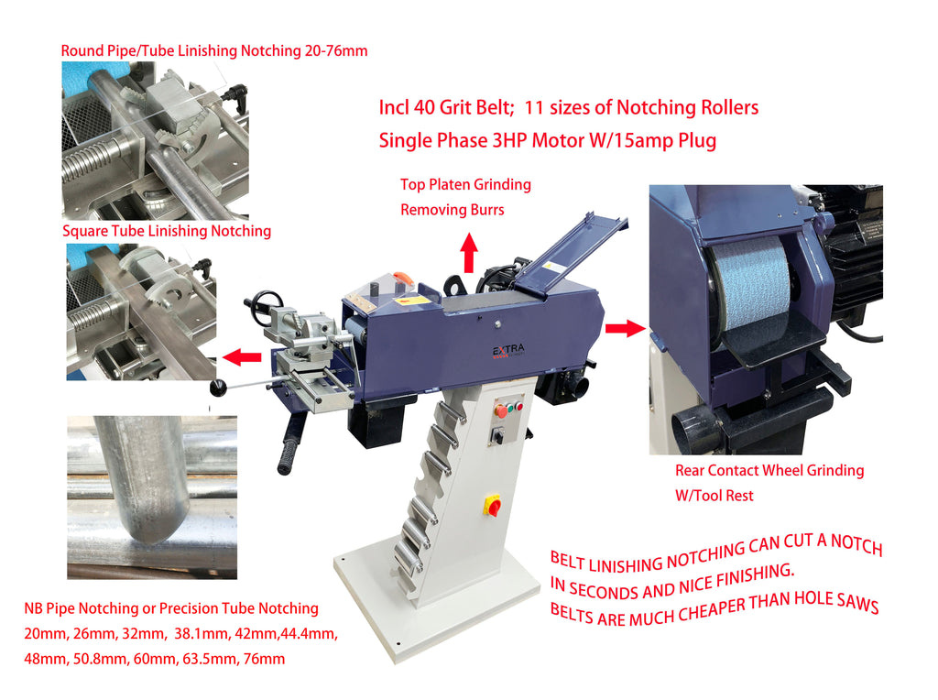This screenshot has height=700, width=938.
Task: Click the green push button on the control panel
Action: (x=510, y=409)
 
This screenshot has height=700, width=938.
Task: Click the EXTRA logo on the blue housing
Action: (x=508, y=351)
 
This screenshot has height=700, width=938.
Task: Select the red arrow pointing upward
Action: (x=470, y=252)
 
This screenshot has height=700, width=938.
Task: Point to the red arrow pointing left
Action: (x=242, y=356)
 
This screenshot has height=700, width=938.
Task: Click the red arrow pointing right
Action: (x=625, y=328)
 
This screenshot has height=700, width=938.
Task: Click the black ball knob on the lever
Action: (x=218, y=387)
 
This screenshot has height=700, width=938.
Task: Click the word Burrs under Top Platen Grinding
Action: (x=486, y=210)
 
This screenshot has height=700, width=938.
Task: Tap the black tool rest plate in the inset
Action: (x=768, y=345)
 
